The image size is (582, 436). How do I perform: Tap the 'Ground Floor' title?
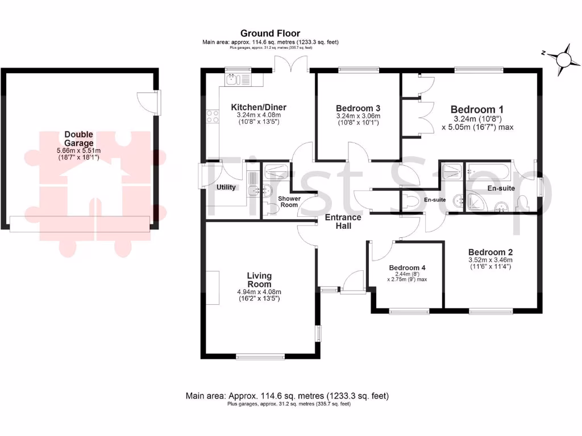click(x=270, y=33)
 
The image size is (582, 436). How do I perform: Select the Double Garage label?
click(x=78, y=139)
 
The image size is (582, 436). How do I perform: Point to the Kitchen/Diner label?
click(x=259, y=107)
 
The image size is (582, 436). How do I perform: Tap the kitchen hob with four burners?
click(x=213, y=116)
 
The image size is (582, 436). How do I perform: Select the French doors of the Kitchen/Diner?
click(x=291, y=64)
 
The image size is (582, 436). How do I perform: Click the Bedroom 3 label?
click(x=358, y=108)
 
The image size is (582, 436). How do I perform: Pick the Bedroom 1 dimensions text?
click(x=483, y=123)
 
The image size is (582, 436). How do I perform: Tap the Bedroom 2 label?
click(x=490, y=252)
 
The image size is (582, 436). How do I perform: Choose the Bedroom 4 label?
click(x=407, y=267)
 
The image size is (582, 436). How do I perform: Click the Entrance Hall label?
click(x=343, y=221)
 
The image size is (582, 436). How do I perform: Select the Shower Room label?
click(x=289, y=202)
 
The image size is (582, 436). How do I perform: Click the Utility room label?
click(x=226, y=187)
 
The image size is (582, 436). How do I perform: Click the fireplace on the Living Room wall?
click(x=212, y=287)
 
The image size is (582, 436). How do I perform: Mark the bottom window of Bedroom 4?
click(x=409, y=311)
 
